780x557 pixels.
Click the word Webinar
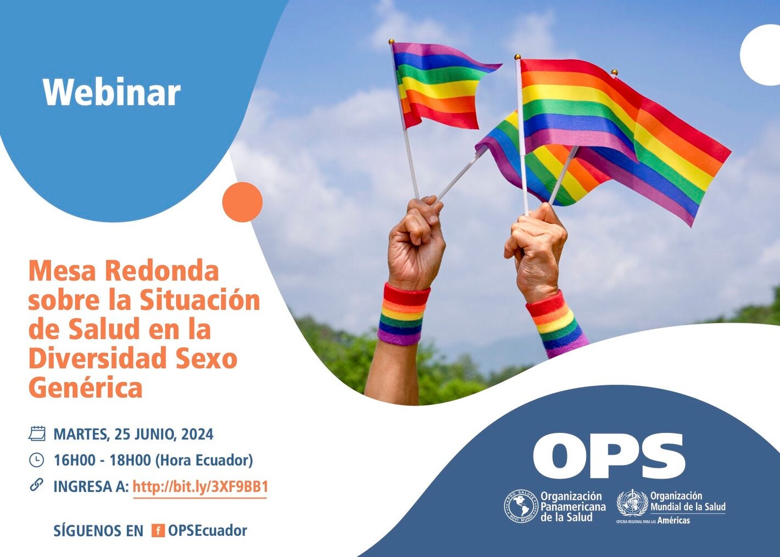(112, 92)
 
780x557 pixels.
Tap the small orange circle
(242, 202)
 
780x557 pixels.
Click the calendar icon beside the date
(37, 434)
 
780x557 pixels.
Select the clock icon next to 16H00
(36, 460)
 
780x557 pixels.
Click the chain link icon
(36, 485)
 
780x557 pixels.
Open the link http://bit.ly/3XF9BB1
(200, 487)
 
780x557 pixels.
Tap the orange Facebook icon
(158, 531)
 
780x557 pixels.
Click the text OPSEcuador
(208, 531)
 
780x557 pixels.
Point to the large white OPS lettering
(609, 455)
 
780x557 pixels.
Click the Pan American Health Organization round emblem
(521, 506)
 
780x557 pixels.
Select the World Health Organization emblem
(632, 503)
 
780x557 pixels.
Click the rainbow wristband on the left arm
(403, 315)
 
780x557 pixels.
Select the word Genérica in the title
(85, 387)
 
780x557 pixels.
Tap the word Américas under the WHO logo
(673, 520)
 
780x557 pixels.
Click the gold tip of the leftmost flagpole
(392, 42)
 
